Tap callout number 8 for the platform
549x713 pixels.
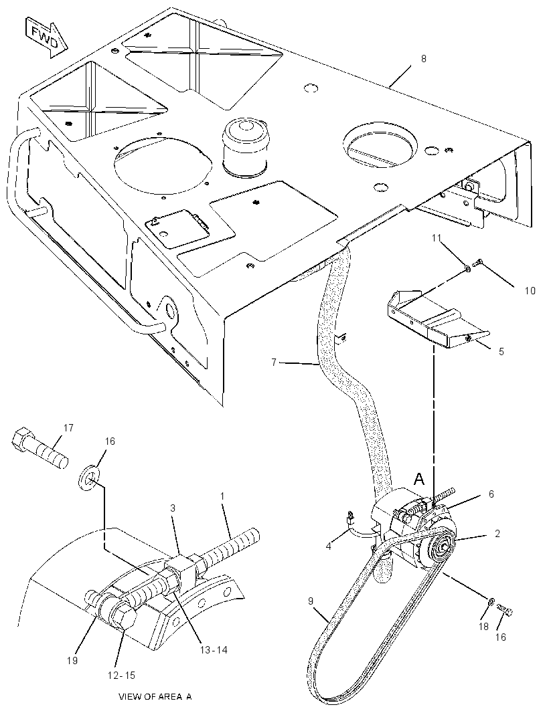tap(423, 59)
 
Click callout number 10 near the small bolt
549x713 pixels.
tap(530, 290)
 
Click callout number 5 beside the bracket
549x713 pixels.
tap(501, 352)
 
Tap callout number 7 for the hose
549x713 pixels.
tap(274, 363)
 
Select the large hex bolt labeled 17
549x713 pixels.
tap(40, 448)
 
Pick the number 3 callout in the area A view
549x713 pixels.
tap(173, 508)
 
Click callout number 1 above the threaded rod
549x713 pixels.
tap(222, 496)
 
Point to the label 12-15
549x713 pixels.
tap(122, 676)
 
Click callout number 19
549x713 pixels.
tap(72, 661)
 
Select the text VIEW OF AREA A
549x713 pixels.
tap(155, 696)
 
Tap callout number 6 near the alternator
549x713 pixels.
tap(491, 494)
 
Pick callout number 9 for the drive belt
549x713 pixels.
tap(311, 601)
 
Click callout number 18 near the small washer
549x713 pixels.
tap(483, 627)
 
